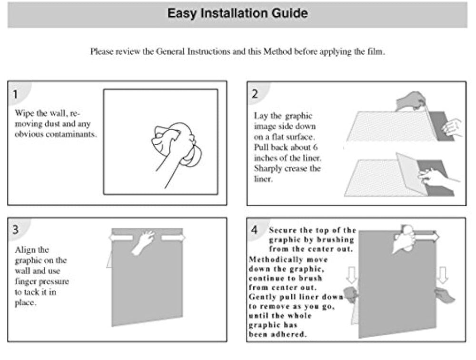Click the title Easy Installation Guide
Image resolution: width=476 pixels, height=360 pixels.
(237, 13)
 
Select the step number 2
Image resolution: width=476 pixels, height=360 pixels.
(255, 94)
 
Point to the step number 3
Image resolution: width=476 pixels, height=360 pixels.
(15, 229)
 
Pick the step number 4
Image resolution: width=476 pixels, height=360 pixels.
(255, 230)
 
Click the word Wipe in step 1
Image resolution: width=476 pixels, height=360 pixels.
(24, 113)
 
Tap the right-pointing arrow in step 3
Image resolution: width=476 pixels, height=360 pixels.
(173, 237)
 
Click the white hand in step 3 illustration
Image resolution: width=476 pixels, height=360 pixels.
(144, 242)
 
